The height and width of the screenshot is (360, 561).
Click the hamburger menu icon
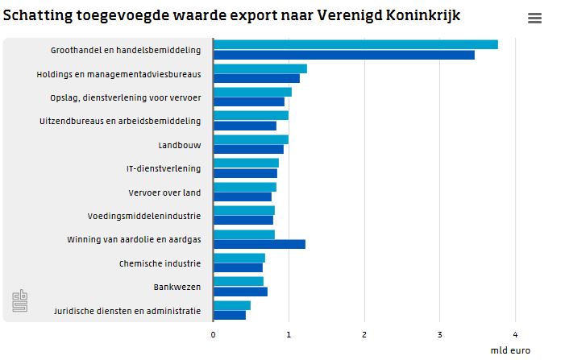pyautogui.click(x=534, y=19)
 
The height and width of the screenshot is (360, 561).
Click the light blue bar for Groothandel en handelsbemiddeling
pyautogui.click(x=355, y=44)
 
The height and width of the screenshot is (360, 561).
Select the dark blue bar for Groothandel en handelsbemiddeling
pyautogui.click(x=343, y=55)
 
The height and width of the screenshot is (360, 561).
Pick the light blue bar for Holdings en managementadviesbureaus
pyautogui.click(x=260, y=68)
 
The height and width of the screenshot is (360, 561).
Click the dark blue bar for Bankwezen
pyautogui.click(x=240, y=292)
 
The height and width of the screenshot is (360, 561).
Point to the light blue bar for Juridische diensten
pyautogui.click(x=232, y=305)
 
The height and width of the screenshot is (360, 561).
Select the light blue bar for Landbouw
pyautogui.click(x=251, y=139)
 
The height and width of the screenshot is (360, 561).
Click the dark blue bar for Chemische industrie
pyautogui.click(x=238, y=267)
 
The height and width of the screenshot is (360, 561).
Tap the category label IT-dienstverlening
pyautogui.click(x=164, y=169)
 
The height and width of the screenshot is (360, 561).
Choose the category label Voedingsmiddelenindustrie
pyautogui.click(x=144, y=216)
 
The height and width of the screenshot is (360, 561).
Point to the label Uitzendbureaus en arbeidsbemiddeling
pyautogui.click(x=120, y=122)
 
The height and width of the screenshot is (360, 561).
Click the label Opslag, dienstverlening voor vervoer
pyautogui.click(x=126, y=98)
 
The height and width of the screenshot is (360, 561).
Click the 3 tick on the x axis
pyautogui.click(x=440, y=334)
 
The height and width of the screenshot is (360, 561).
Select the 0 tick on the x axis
pyautogui.click(x=213, y=334)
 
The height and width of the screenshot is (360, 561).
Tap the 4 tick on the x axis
pyautogui.click(x=516, y=334)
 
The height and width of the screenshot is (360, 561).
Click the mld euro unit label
pyautogui.click(x=509, y=350)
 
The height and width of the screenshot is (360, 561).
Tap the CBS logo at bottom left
pyautogui.click(x=19, y=301)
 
